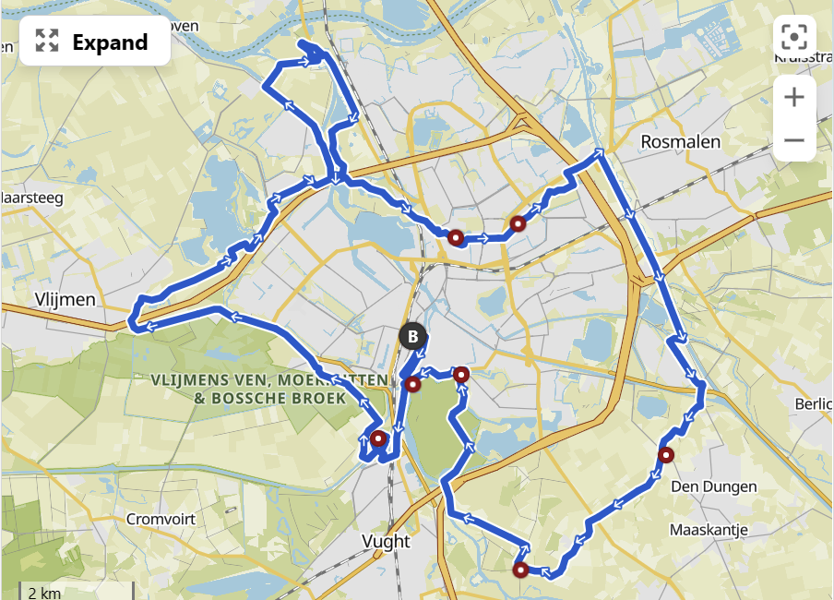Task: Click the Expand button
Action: click(94, 42)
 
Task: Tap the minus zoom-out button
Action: click(794, 141)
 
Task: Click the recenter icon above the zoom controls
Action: click(794, 38)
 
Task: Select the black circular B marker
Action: click(413, 336)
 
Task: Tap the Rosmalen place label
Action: click(681, 142)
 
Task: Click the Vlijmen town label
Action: click(64, 299)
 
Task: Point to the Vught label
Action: click(387, 541)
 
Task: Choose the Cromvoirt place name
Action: click(161, 519)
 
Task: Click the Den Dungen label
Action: click(714, 486)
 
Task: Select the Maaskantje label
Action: click(709, 530)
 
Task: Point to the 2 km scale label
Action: click(44, 592)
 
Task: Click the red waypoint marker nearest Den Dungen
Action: click(666, 454)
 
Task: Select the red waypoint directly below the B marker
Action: click(413, 383)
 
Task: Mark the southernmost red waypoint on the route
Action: click(521, 570)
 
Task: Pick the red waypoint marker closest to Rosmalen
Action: click(518, 223)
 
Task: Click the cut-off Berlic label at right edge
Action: click(814, 404)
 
